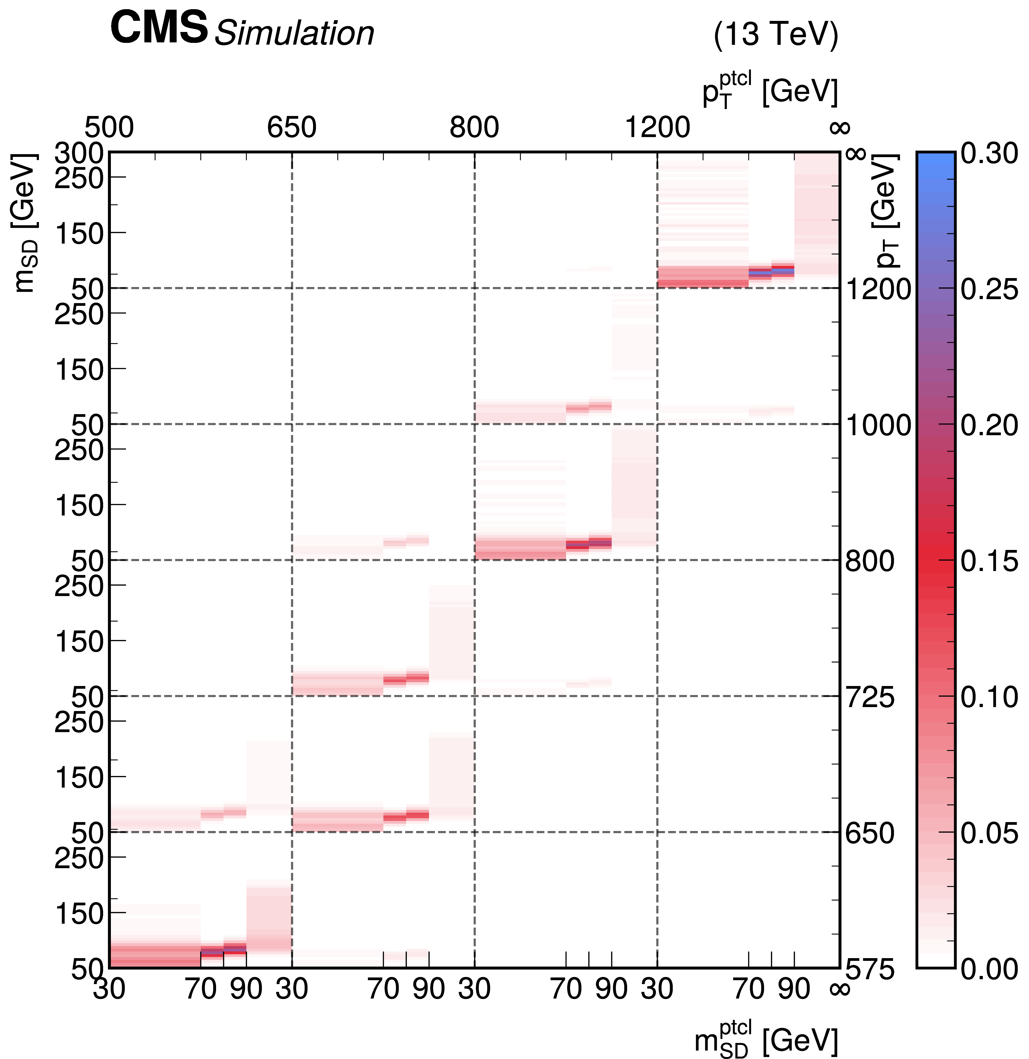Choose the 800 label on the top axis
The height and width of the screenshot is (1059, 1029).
(x=474, y=128)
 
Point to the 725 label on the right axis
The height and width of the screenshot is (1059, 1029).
(x=870, y=698)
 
